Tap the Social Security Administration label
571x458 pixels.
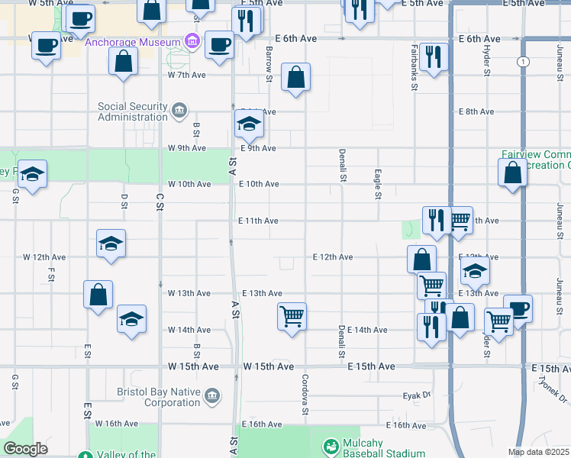[132, 111]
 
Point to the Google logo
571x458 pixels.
[25, 449]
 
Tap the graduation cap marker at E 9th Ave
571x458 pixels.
[248, 123]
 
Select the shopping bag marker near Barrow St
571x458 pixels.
[295, 77]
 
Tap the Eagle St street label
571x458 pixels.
[377, 185]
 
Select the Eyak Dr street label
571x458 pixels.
[417, 396]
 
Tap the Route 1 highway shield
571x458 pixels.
[522, 60]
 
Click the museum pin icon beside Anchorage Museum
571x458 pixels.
[192, 42]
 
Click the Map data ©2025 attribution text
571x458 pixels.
[539, 452]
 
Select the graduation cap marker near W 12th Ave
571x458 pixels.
[111, 244]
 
